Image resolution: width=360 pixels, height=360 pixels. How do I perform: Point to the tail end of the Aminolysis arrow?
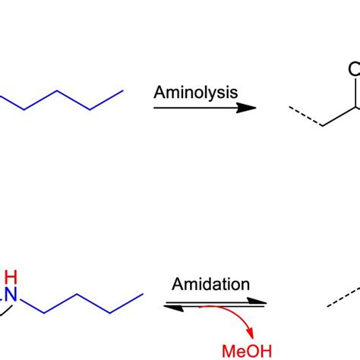coord(156,108)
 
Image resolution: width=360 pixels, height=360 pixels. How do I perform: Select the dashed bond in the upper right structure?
coord(303,116)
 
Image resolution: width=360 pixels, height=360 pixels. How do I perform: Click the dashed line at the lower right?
coord(343,297)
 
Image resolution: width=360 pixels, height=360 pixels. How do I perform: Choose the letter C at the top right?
coord(355,70)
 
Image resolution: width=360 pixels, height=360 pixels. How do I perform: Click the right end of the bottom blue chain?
coord(144,292)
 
